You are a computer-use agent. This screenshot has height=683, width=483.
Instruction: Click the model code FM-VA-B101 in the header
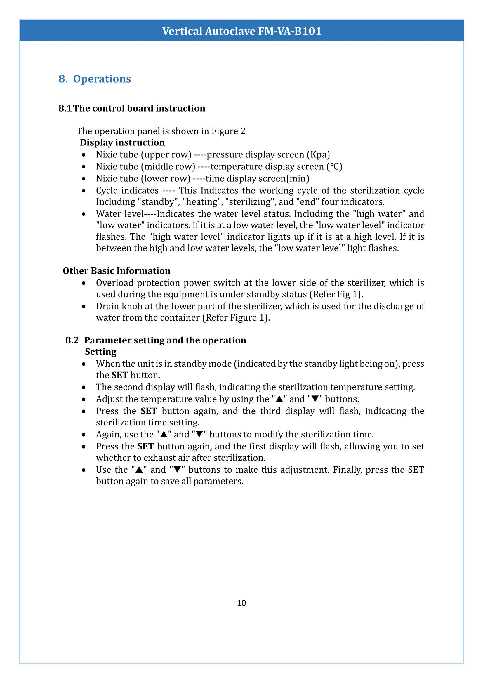click(x=290, y=31)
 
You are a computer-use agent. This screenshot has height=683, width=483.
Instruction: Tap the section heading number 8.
click(x=62, y=79)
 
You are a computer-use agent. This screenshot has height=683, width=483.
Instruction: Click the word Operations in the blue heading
click(x=102, y=79)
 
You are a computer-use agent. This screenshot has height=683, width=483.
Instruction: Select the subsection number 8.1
click(x=65, y=108)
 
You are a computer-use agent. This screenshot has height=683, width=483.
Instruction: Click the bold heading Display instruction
click(x=122, y=142)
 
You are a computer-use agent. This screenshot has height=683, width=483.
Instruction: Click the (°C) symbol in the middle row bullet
click(x=334, y=166)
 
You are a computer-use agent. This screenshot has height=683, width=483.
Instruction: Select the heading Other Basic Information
click(x=117, y=271)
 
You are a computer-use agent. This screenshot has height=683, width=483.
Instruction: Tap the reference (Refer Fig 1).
click(x=336, y=295)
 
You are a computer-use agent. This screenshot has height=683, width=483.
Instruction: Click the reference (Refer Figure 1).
click(x=236, y=318)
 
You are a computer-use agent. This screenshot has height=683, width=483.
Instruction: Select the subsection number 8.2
click(x=72, y=340)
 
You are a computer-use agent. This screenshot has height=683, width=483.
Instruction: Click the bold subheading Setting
click(x=100, y=352)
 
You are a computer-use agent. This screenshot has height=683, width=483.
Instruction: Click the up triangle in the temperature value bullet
click(x=279, y=399)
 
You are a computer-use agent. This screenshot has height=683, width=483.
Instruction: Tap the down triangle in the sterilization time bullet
click(x=199, y=434)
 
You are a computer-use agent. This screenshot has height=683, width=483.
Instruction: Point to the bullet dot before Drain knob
click(x=84, y=306)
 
